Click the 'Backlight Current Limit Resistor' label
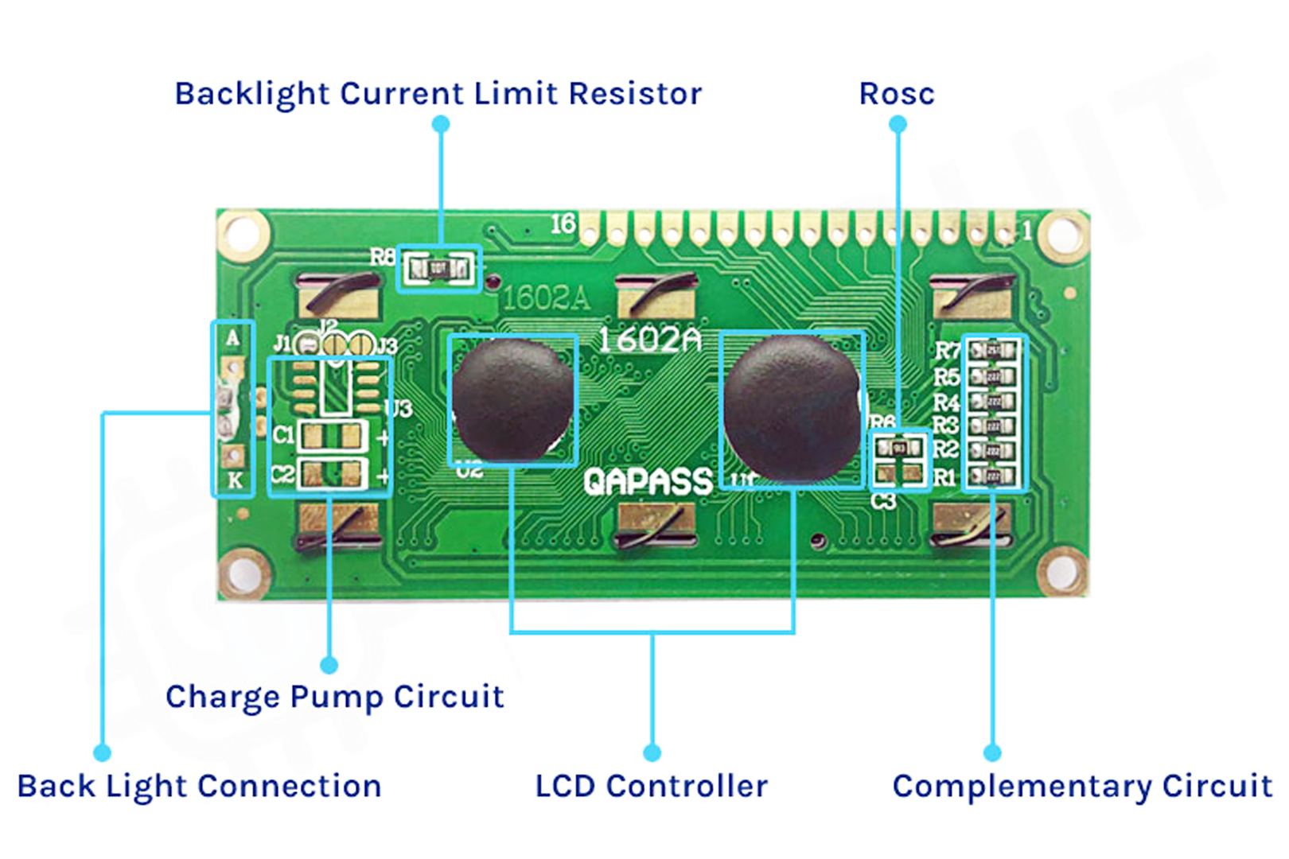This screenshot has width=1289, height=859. [438, 94]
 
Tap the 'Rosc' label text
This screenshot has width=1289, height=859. [897, 94]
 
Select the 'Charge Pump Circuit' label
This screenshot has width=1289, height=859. [334, 697]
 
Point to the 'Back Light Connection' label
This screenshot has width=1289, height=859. [199, 787]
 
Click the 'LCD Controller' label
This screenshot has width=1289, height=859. [651, 787]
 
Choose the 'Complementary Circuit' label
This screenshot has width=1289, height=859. [1082, 787]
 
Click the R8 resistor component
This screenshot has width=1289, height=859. [438, 269]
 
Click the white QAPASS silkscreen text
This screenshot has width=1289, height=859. [648, 482]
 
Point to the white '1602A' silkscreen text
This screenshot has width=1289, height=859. [649, 340]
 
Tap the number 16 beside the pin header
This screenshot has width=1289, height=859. [563, 224]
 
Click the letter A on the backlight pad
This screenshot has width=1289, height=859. [232, 338]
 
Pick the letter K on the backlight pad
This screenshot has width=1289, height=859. [234, 480]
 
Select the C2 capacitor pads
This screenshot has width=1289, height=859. [332, 475]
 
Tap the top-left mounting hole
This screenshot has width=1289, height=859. [242, 235]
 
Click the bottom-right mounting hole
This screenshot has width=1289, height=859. [1062, 570]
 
